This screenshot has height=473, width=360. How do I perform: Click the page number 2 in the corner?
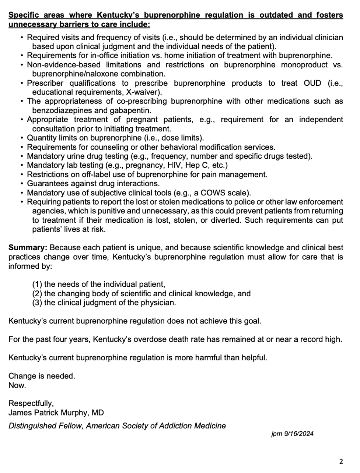(x=341, y=462)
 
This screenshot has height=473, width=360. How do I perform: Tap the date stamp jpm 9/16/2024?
(x=292, y=434)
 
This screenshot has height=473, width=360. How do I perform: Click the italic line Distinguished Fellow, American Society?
(x=117, y=426)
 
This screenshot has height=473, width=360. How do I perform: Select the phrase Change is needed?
(x=42, y=377)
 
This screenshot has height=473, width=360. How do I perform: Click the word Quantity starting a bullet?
(x=41, y=138)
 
